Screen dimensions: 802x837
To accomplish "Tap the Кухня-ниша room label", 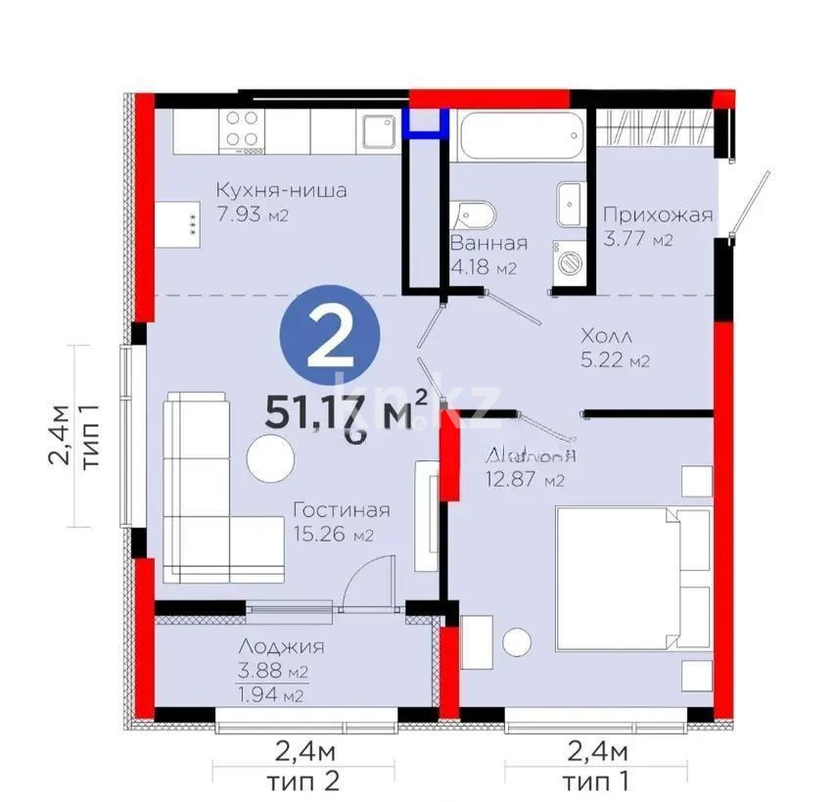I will [x=281, y=190].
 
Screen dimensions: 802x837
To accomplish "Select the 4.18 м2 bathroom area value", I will [x=483, y=267].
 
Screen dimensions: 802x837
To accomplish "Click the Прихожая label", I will [x=657, y=215].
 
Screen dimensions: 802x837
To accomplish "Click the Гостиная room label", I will [x=342, y=510].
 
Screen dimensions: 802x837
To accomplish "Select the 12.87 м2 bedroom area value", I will [x=526, y=479].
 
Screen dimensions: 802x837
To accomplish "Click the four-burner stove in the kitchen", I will [x=243, y=131].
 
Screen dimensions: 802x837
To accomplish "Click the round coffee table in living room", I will [x=270, y=457].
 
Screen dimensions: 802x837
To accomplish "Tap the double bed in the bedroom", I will [x=631, y=577].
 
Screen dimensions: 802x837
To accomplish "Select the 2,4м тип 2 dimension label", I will [x=304, y=766].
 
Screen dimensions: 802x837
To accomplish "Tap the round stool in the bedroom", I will [x=517, y=642].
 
